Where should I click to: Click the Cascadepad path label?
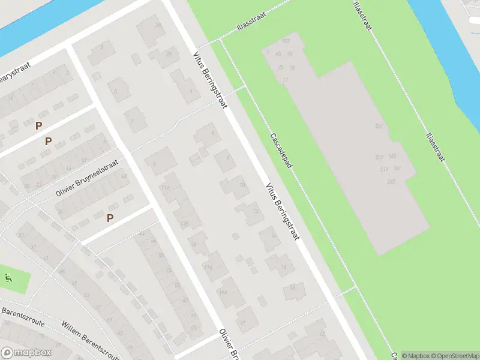pyautogui.click(x=281, y=151)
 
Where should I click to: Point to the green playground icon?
pyautogui.click(x=8, y=278)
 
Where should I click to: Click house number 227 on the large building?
pyautogui.click(x=379, y=126)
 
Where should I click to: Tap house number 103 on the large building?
pyautogui.click(x=286, y=41)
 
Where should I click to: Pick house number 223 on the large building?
pyautogui.click(x=391, y=181)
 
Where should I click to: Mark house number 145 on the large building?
pyautogui.click(x=392, y=156)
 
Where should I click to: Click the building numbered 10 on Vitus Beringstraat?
pyautogui.click(x=242, y=185)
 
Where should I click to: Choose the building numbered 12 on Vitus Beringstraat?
pyautogui.click(x=257, y=211)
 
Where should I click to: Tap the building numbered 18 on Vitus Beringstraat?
pyautogui.click(x=293, y=287)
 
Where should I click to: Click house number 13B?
pyautogui.click(x=184, y=224)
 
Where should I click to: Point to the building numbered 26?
pyautogui.click(x=169, y=55)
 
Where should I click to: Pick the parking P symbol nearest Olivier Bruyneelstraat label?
pyautogui.click(x=110, y=218)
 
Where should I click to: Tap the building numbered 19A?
pyautogui.click(x=223, y=292)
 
